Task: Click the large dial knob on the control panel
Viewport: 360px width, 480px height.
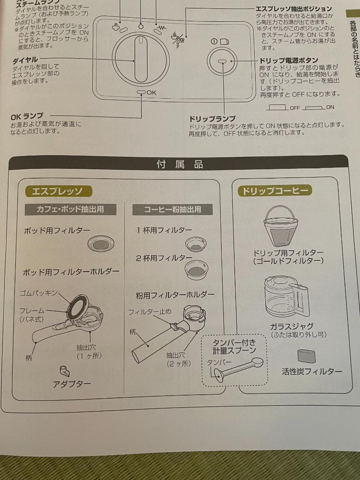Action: [140, 59]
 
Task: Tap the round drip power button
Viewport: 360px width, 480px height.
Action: [222, 61]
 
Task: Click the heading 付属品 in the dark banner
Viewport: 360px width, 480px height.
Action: [180, 164]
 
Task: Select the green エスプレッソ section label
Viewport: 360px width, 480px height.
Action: [58, 191]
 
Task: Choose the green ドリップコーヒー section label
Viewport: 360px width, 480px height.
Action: [275, 191]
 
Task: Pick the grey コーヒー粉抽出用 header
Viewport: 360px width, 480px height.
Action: [172, 209]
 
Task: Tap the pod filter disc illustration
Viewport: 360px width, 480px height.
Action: [101, 244]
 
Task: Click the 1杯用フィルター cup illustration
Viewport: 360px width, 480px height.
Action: [196, 244]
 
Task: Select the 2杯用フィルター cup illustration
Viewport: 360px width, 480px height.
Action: [196, 269]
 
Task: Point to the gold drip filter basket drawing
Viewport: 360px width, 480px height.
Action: [281, 225]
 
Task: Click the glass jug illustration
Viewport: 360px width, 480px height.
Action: [285, 296]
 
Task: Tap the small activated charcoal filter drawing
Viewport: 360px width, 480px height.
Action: [306, 356]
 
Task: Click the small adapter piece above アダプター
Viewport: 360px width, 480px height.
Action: [64, 370]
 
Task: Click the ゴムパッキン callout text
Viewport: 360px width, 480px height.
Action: [39, 293]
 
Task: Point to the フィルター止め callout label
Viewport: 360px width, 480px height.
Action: [150, 312]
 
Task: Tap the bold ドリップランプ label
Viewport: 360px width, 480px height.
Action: [212, 119]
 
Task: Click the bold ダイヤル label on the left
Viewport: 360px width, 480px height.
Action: [25, 59]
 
